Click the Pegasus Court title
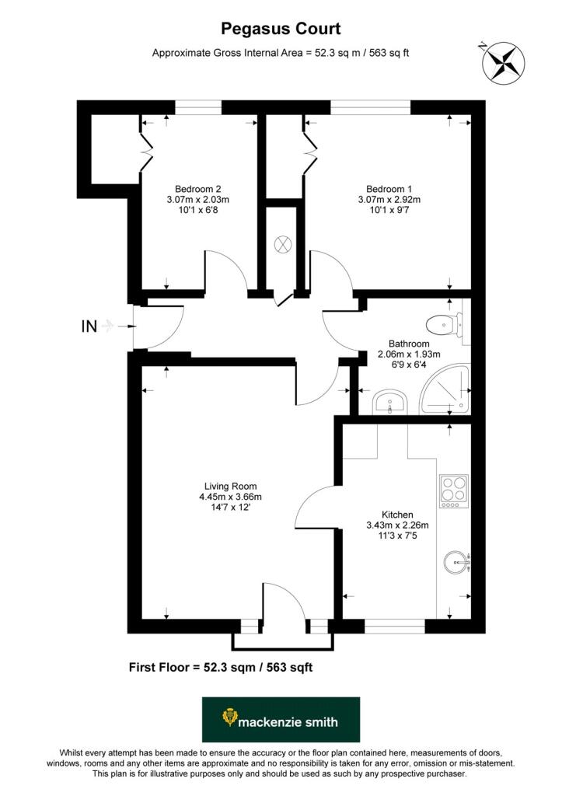coord(281,30)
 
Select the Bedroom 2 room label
coord(198,189)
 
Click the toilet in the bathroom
coord(446,319)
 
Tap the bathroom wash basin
coord(389,403)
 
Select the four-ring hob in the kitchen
coord(452,491)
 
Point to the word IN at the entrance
coord(89,326)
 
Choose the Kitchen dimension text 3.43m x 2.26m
coord(397,525)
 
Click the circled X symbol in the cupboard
coord(282,244)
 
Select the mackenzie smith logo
coord(281,721)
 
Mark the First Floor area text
coord(220,667)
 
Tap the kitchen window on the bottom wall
coord(394,623)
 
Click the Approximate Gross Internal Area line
coord(281,53)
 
